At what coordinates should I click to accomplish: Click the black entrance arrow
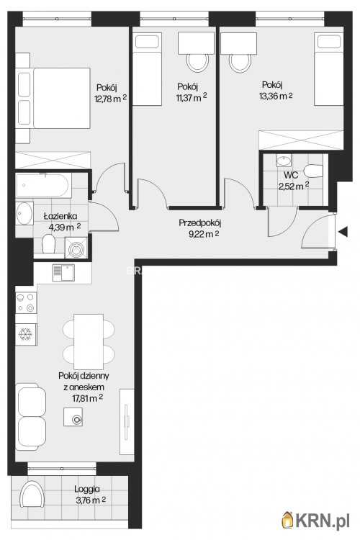tap(343, 232)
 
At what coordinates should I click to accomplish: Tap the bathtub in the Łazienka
tap(44, 185)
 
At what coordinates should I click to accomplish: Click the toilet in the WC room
tap(313, 171)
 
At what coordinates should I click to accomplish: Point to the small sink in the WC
tap(284, 160)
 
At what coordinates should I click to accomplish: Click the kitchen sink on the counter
tap(63, 273)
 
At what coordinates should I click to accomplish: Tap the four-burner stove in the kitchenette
tap(26, 302)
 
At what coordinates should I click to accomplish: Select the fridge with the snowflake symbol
tap(26, 334)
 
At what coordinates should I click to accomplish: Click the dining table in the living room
tap(89, 341)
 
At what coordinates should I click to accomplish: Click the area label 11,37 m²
tap(192, 97)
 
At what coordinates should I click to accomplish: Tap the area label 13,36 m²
tap(276, 96)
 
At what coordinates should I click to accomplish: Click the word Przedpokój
tap(200, 222)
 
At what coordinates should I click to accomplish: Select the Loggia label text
tap(87, 489)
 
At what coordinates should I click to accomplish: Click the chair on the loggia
tap(32, 494)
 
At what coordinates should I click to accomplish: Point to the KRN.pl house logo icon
tap(287, 520)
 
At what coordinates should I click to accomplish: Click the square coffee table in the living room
tap(73, 417)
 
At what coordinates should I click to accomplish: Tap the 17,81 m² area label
tap(88, 398)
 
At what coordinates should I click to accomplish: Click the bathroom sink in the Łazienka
tap(24, 214)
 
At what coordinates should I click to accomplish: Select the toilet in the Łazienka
tap(48, 243)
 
